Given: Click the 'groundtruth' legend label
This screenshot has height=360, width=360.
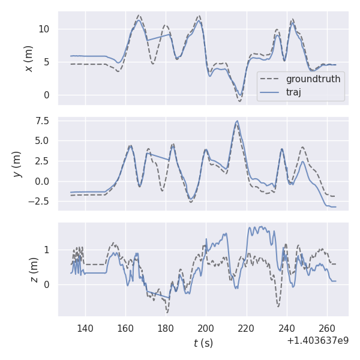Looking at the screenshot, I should (313, 79).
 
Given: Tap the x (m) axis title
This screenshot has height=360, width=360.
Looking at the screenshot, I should (28, 58).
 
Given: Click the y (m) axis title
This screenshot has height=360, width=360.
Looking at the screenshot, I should (18, 164).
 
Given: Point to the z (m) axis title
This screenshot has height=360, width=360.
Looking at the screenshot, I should (34, 270).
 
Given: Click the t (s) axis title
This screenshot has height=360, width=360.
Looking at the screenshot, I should (203, 343).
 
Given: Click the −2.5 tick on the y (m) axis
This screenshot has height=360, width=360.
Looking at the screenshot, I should (40, 202).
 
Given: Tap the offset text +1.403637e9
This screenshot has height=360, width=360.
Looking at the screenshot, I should (317, 341).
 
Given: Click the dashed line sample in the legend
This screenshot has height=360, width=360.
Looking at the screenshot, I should (271, 79).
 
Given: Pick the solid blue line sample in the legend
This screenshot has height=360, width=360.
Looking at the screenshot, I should (271, 92).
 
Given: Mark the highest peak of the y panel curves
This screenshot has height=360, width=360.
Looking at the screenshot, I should (237, 121).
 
